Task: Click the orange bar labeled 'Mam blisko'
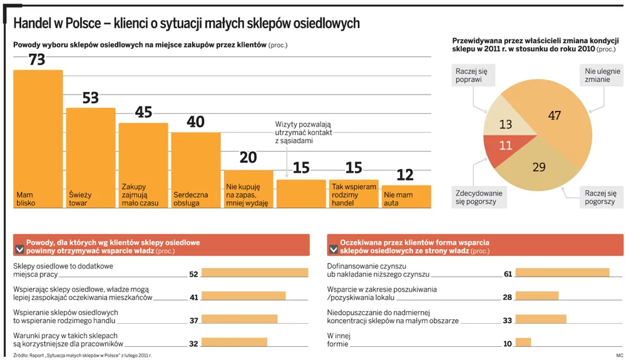[x=38, y=138]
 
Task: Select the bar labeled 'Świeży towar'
[x=91, y=157]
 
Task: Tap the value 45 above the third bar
[x=143, y=112]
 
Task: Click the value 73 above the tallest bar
[x=38, y=59]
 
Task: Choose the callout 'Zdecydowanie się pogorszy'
[x=479, y=198]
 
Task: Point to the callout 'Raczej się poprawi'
[x=472, y=76]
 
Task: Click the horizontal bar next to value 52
[x=255, y=273]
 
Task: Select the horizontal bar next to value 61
[x=562, y=273]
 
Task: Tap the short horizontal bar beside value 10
[x=523, y=342]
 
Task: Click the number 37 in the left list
[x=193, y=321]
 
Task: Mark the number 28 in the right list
[x=508, y=297]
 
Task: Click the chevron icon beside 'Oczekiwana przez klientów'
[x=333, y=249]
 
